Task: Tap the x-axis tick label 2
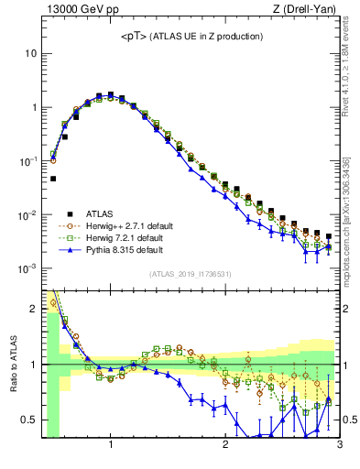[225, 445]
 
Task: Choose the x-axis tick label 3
[339, 445]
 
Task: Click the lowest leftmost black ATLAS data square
[53, 179]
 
